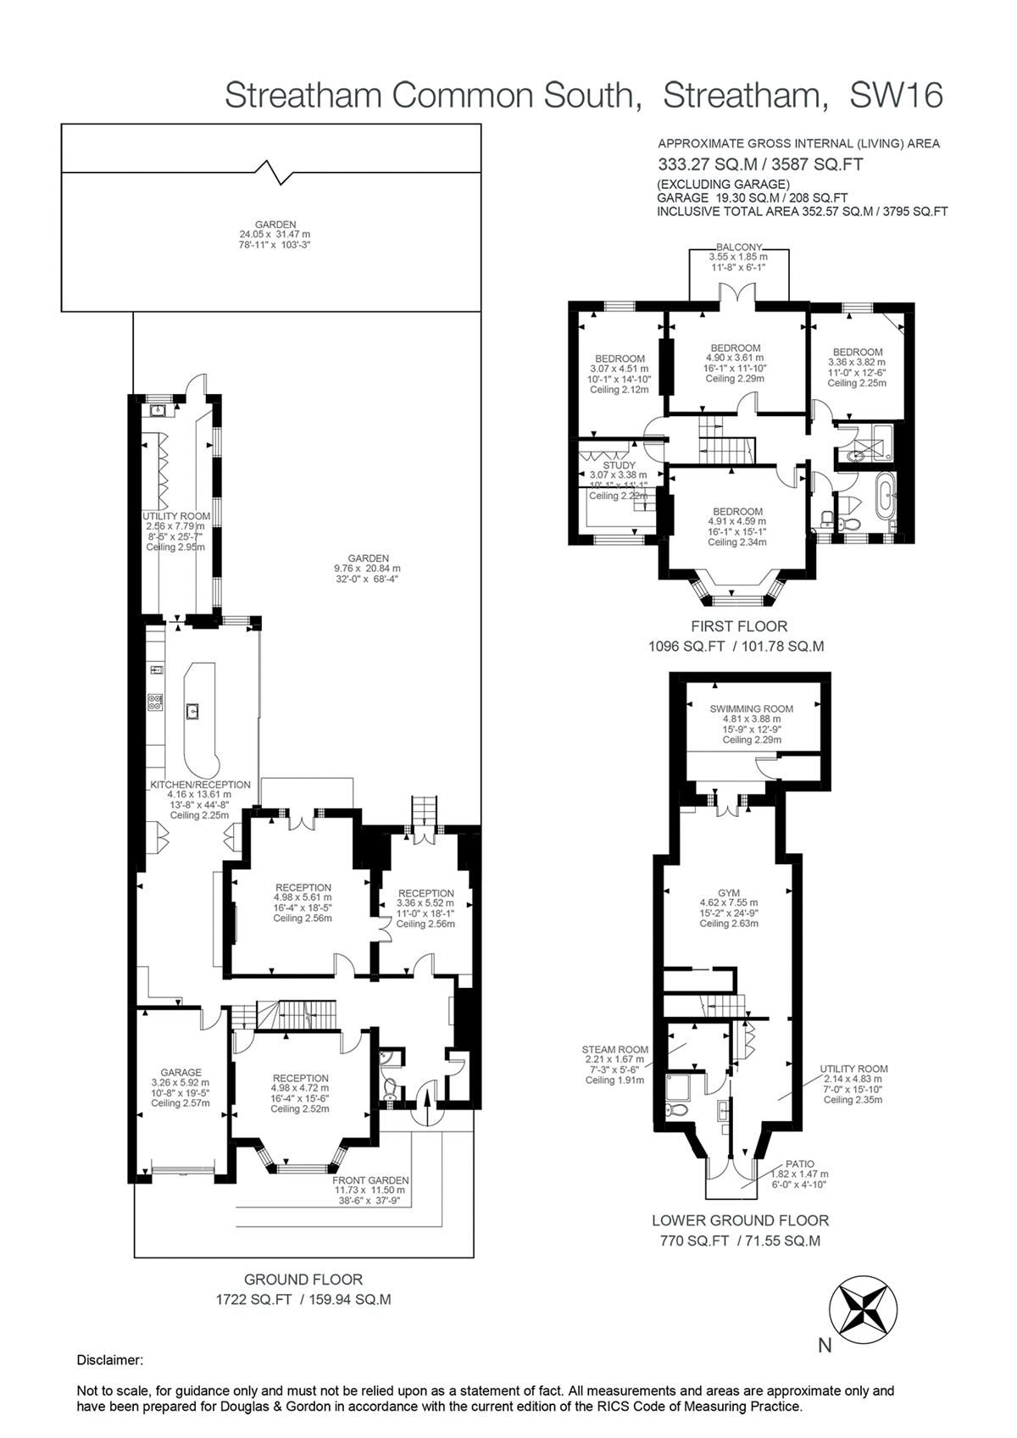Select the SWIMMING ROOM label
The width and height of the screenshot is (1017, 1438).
click(751, 708)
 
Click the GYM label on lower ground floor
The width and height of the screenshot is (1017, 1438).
click(728, 892)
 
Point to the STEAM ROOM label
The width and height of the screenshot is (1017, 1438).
click(615, 1048)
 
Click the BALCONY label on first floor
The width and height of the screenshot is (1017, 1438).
click(738, 247)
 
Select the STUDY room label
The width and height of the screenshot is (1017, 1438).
click(619, 465)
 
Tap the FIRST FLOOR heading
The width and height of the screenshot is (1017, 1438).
click(738, 626)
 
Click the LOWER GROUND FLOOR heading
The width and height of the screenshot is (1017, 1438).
click(739, 1220)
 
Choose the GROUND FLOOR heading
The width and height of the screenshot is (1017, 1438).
click(303, 1280)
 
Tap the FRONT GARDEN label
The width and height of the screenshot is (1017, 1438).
click(370, 1180)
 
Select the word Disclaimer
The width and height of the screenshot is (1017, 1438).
click(110, 1360)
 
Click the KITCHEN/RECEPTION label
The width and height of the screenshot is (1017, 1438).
click(201, 785)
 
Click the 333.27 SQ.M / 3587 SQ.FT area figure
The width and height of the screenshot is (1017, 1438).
click(760, 164)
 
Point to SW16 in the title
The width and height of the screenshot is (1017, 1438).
click(896, 96)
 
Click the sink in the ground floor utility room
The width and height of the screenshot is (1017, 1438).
click(158, 411)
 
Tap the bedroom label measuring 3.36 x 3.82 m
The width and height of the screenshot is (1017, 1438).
click(857, 352)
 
